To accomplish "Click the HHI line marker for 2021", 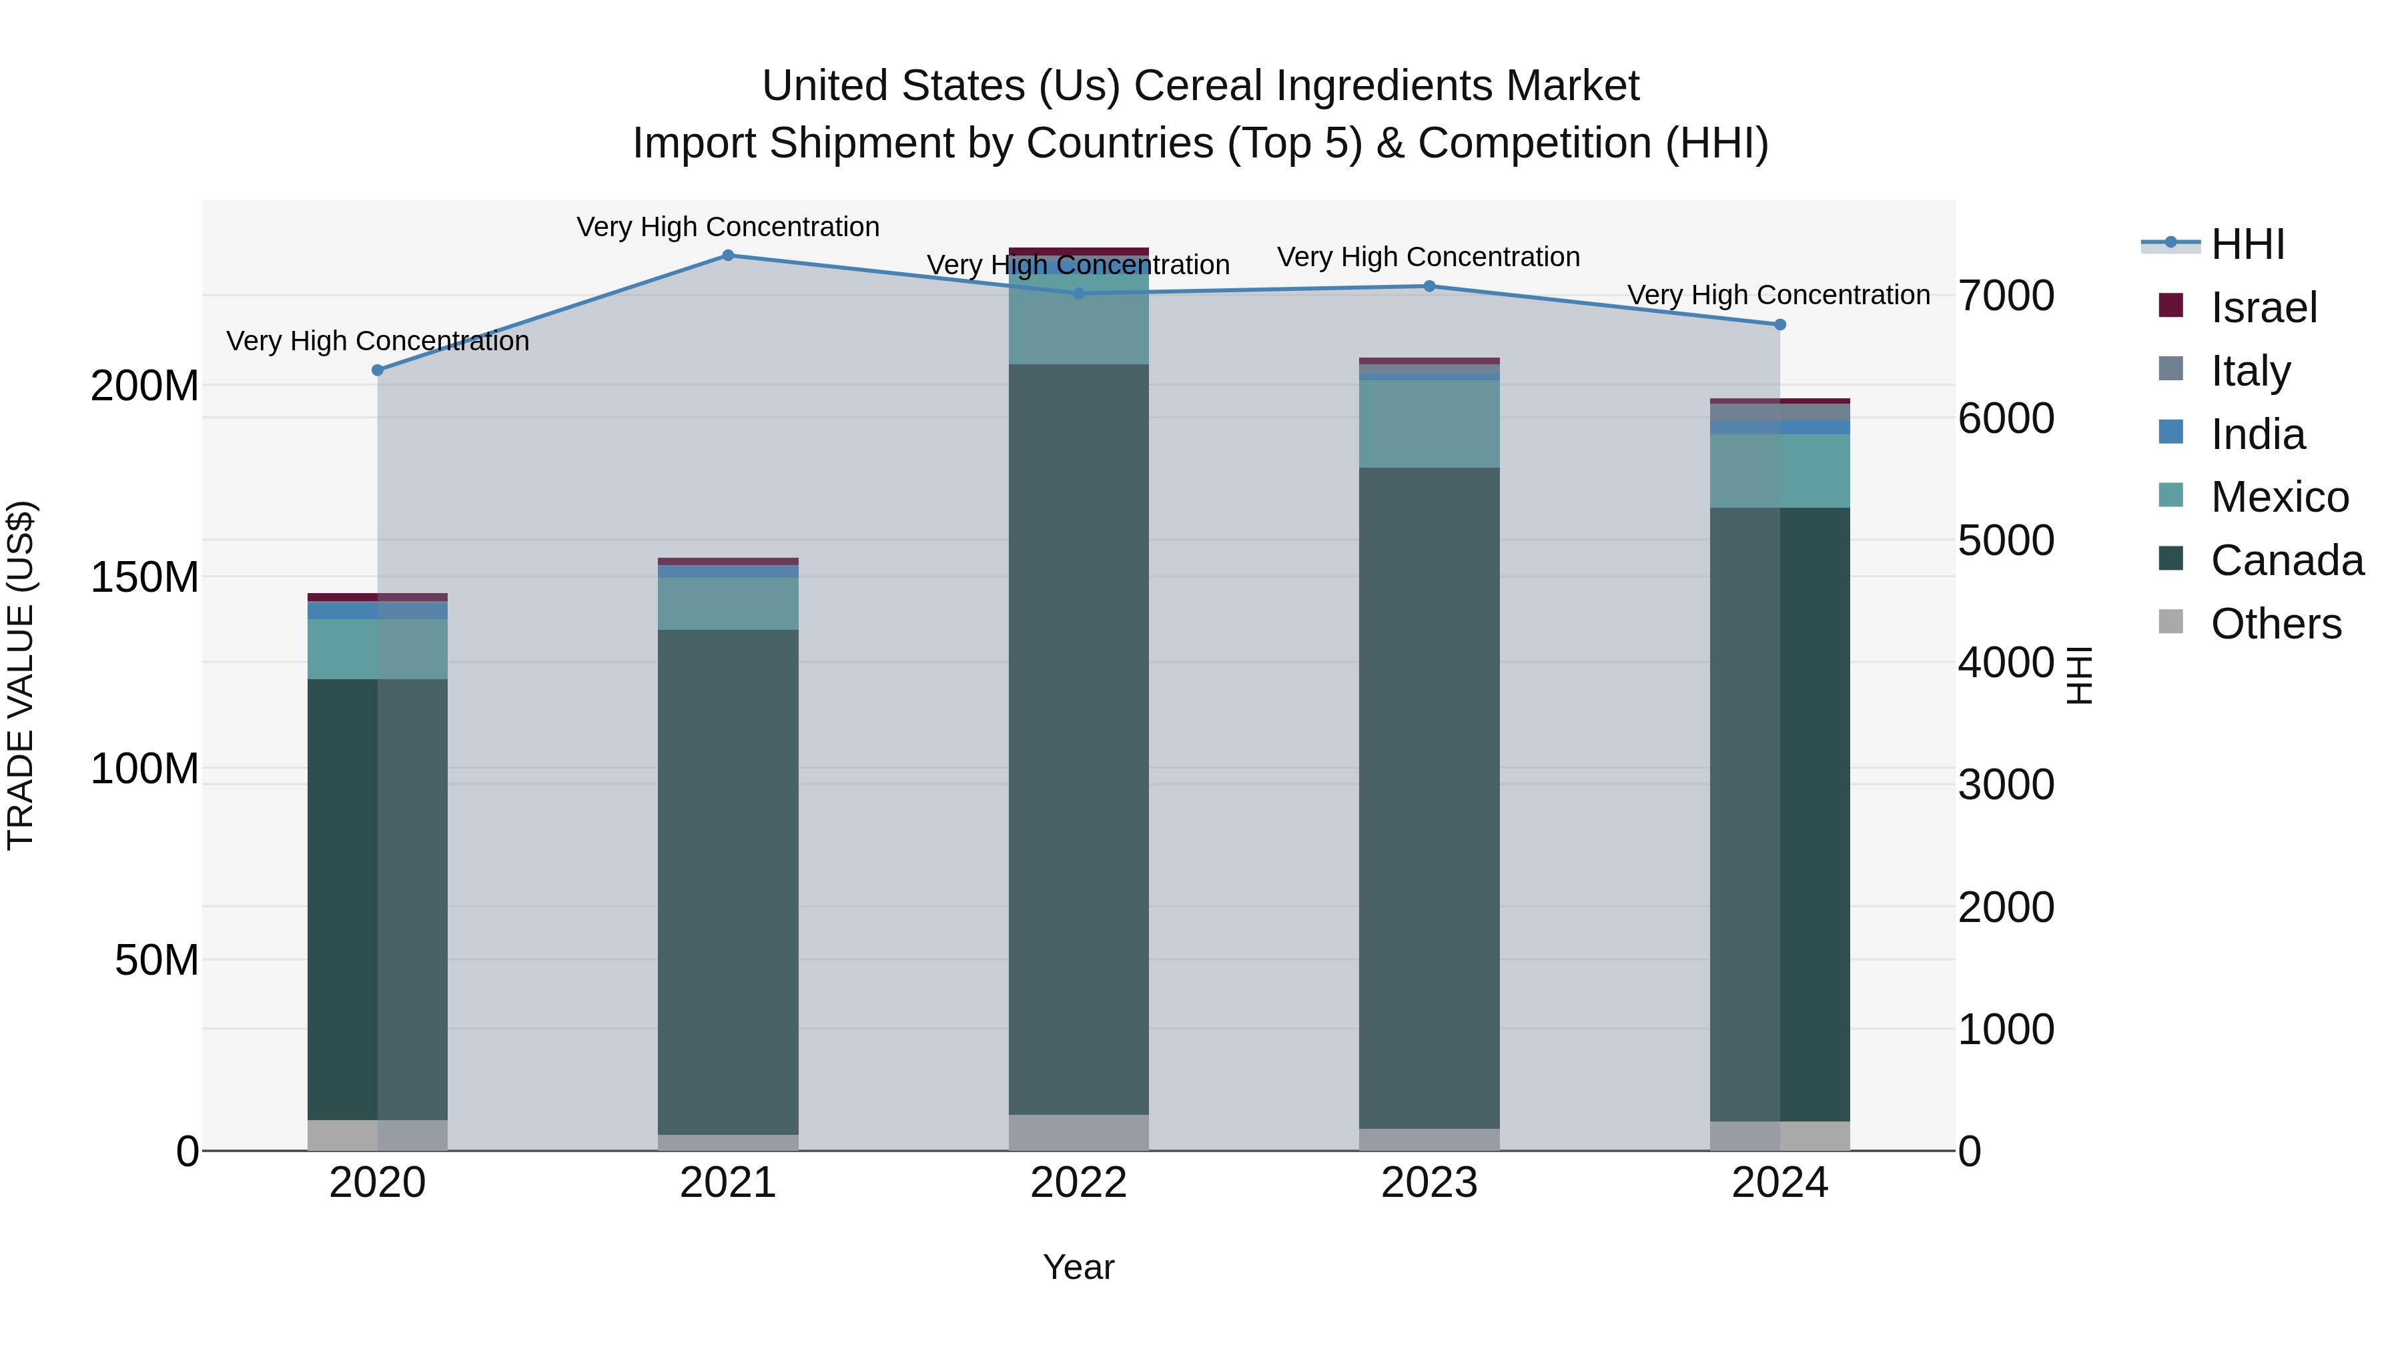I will [x=728, y=256].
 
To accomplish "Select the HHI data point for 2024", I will [x=1780, y=324].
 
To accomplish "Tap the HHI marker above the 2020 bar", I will [x=378, y=370].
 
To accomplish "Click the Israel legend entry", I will [x=2263, y=308].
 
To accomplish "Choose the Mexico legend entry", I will [x=2279, y=497].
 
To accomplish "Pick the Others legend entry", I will [x=2275, y=624].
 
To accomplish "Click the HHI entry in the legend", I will [x=2247, y=244].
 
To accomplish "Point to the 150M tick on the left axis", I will [x=145, y=577].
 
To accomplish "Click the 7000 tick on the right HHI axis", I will [x=2006, y=296].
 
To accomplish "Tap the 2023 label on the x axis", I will [x=1429, y=1183].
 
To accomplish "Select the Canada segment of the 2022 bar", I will [x=1079, y=737].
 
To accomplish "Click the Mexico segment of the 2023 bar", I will [x=1429, y=424].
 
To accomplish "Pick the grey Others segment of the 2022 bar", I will [x=1079, y=1132].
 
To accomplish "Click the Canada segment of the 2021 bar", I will [x=728, y=881].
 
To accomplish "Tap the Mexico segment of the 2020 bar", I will [x=378, y=649].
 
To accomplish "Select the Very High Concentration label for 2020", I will [x=378, y=341].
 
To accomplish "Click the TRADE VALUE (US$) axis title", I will [x=21, y=675].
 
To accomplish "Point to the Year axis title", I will [x=1079, y=1267].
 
